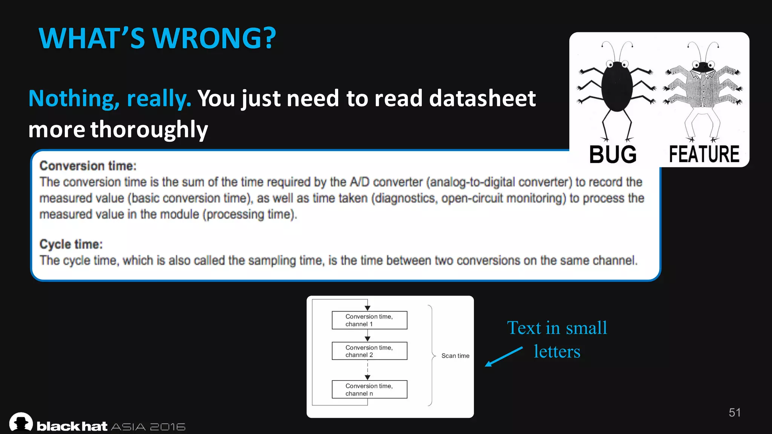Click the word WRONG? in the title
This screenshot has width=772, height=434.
click(x=214, y=38)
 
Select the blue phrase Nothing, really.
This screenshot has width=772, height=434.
click(x=110, y=99)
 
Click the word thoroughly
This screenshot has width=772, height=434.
click(x=149, y=130)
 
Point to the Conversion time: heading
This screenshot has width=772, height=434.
click(x=88, y=166)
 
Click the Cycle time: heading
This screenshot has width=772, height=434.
click(x=71, y=244)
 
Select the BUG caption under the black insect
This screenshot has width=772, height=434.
click(x=613, y=154)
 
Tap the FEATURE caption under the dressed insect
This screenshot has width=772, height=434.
click(x=704, y=154)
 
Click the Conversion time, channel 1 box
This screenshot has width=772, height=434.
click(x=369, y=320)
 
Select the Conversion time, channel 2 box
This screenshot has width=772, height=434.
click(x=369, y=351)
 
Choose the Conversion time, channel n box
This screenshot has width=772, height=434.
click(x=369, y=390)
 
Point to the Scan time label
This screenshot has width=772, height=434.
click(x=455, y=356)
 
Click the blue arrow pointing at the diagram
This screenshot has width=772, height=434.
click(x=503, y=357)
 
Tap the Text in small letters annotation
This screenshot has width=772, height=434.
click(x=557, y=339)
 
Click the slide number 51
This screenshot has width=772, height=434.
click(x=734, y=413)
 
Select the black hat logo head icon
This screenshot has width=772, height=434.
click(x=21, y=422)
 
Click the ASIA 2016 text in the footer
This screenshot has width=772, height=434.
click(x=148, y=427)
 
